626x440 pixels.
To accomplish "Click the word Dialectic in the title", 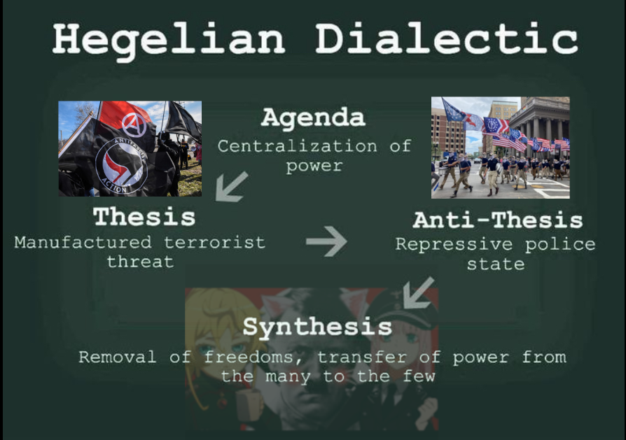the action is [x=446, y=38].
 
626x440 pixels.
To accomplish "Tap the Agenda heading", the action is [x=313, y=118].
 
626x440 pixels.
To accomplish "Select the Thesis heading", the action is [x=144, y=217].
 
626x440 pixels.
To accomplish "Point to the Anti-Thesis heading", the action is [x=498, y=220].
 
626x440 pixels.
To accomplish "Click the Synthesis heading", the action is [x=317, y=327].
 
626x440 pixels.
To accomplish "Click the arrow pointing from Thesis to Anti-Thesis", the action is [x=326, y=241].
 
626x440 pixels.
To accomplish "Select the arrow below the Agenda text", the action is [x=232, y=187].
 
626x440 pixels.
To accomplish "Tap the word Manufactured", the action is [x=83, y=242].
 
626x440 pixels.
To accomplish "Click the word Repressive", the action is [x=454, y=244].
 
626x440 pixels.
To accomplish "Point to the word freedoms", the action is [x=253, y=357].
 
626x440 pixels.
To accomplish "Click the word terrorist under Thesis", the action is [x=215, y=242].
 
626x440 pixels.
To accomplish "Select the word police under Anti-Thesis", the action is [x=560, y=245].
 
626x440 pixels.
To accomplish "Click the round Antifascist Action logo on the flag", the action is [x=121, y=166].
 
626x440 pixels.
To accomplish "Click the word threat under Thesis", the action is [x=140, y=262].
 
